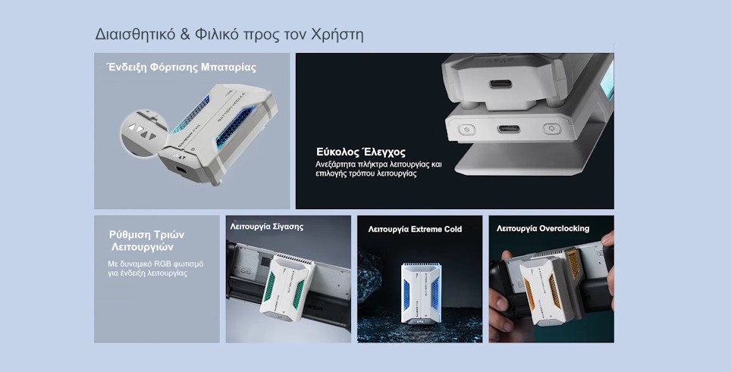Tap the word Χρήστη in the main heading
337,35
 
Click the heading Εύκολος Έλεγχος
360,152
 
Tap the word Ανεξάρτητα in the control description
340,164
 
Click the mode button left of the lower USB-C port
466,129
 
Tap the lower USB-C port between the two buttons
509,128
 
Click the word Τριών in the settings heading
168,234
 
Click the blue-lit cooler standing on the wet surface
419,292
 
